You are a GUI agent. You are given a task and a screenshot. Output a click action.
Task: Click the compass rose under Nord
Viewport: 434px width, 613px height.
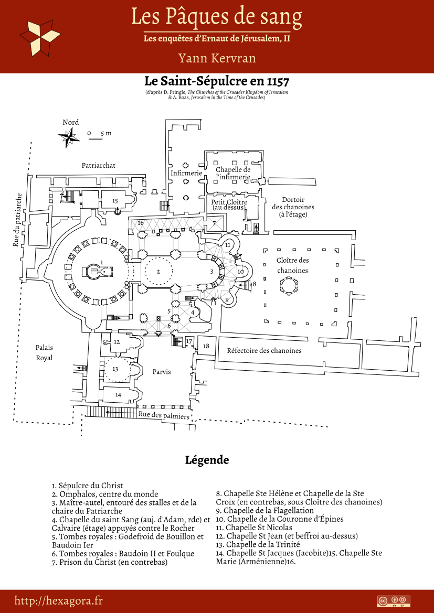click(69, 137)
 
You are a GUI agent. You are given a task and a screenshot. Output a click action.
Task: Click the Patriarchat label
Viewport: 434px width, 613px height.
click(98, 165)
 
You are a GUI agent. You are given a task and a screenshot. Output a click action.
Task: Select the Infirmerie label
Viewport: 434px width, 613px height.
click(186, 173)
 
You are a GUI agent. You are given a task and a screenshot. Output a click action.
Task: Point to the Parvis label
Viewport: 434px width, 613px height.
click(162, 372)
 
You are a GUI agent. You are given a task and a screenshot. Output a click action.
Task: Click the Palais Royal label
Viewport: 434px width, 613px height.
click(44, 352)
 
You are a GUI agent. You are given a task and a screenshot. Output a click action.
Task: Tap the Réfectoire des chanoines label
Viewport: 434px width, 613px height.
click(264, 350)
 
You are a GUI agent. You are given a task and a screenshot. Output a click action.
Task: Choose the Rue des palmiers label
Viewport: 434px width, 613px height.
click(164, 415)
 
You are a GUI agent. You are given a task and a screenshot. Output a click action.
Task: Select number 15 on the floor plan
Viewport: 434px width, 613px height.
click(115, 201)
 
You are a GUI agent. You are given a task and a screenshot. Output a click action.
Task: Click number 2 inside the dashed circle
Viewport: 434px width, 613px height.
click(158, 271)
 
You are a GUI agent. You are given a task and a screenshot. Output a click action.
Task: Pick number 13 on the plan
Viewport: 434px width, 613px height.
click(115, 369)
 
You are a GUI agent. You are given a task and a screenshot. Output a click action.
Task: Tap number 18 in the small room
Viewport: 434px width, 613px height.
click(206, 346)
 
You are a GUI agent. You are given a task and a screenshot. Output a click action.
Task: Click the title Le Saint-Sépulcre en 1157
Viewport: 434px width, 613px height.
click(217, 82)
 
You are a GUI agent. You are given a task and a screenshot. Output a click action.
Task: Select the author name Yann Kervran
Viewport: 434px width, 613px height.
click(217, 58)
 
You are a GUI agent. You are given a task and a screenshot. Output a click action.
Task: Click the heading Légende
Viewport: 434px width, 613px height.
click(207, 460)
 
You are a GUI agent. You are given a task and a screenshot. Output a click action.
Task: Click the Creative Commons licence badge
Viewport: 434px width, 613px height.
click(394, 601)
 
